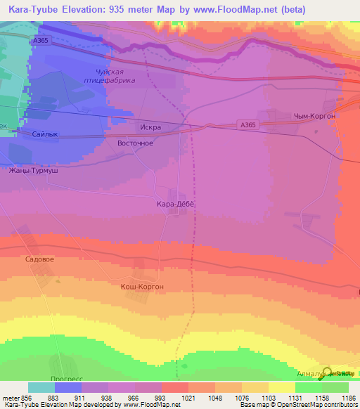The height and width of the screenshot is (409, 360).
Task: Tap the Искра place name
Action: tap(151, 128)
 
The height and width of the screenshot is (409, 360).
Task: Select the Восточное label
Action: tap(134, 143)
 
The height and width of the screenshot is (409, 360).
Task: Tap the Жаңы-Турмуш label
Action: tap(33, 171)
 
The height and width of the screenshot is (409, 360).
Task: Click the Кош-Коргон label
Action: tap(141, 287)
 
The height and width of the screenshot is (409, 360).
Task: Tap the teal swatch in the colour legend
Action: tap(41, 387)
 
